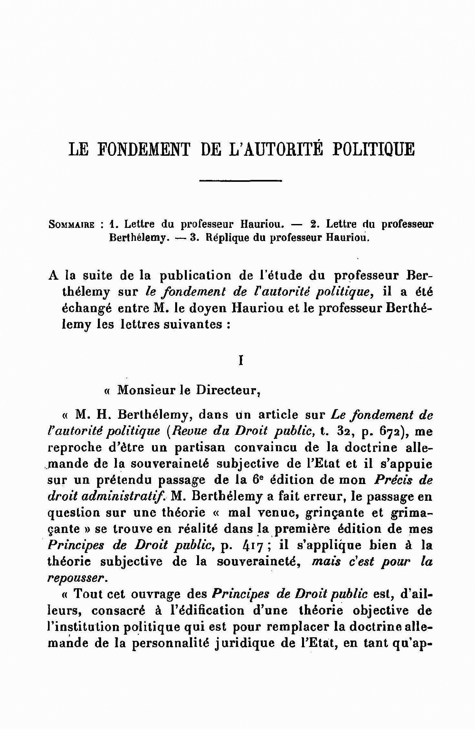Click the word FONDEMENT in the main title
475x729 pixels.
(x=144, y=149)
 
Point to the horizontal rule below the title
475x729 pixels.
(x=241, y=181)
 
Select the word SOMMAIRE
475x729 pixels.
(x=71, y=224)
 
